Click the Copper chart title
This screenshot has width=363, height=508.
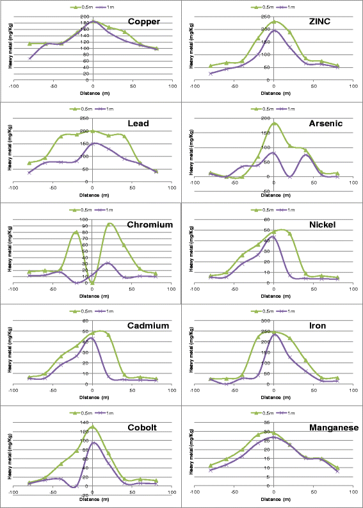coord(144,22)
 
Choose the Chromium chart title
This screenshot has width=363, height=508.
coord(150,225)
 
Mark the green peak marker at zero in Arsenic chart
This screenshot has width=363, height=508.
coord(274,124)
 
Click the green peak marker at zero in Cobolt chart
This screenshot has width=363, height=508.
coord(93,427)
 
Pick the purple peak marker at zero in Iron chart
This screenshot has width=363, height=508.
coord(274,334)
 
